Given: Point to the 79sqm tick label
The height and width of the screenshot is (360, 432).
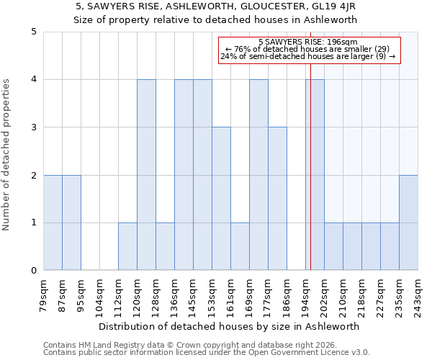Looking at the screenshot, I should point(44,295).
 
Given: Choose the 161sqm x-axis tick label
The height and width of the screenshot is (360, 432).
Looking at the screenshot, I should point(231,295).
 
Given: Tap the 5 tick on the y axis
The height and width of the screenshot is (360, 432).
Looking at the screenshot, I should point(33,32).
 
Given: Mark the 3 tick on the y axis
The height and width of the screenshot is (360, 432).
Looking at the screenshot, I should point(33,127).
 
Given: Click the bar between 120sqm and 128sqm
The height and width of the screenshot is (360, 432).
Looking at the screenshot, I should point(146,175).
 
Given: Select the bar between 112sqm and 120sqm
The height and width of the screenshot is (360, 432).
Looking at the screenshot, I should point(127,246).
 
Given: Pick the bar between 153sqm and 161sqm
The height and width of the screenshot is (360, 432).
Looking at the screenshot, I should point(221,199).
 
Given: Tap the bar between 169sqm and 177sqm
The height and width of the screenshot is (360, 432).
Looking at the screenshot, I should point(258,175).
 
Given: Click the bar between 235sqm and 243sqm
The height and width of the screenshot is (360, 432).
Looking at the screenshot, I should point(408,222).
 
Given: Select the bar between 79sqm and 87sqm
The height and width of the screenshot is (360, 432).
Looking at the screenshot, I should point(53,222).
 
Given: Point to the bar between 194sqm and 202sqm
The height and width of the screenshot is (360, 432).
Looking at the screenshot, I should point(315,175).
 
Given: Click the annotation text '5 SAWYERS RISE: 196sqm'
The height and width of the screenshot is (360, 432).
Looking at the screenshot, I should point(308,42).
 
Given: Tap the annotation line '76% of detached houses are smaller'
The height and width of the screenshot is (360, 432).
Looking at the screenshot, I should point(308,49).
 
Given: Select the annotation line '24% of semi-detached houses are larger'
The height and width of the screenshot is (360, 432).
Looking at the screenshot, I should point(308,56).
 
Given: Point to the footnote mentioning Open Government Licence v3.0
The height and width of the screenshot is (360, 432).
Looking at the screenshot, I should point(207,353).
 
